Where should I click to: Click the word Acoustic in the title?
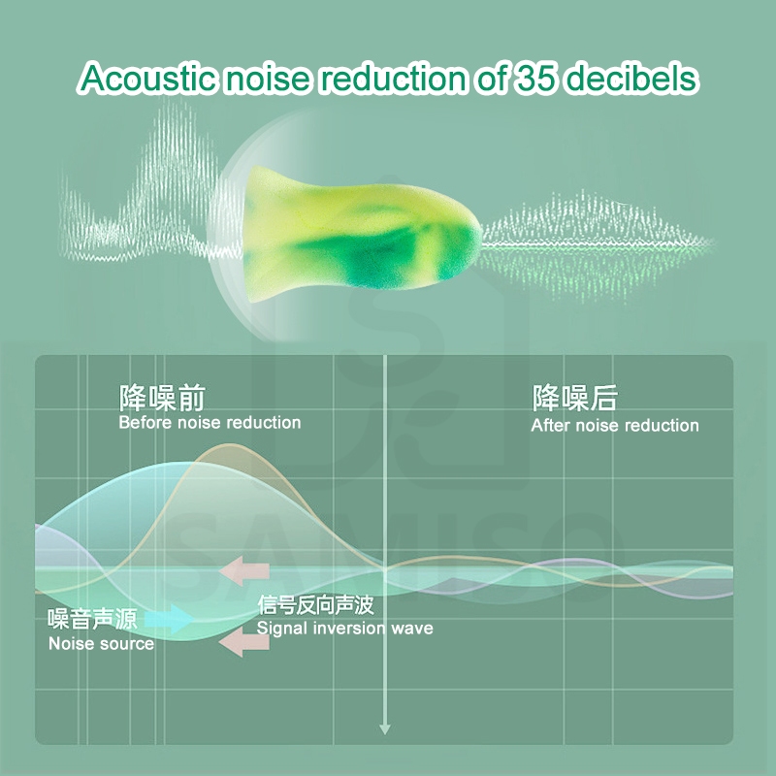pyautogui.click(x=147, y=79)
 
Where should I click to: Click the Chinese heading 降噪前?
pyautogui.click(x=162, y=398)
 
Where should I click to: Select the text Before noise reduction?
pyautogui.click(x=210, y=423)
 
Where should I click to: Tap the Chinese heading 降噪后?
pyautogui.click(x=574, y=398)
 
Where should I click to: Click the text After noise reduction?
pyautogui.click(x=615, y=426)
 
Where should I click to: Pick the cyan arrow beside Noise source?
pyautogui.click(x=171, y=619)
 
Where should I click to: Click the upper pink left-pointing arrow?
pyautogui.click(x=244, y=570)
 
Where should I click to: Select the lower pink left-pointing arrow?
pyautogui.click(x=244, y=642)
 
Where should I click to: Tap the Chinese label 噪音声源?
pyautogui.click(x=92, y=619)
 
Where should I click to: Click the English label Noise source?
pyautogui.click(x=102, y=644)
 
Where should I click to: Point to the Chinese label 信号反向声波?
pyautogui.click(x=315, y=604)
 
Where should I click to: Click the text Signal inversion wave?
pyautogui.click(x=345, y=629)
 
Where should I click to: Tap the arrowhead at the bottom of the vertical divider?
pyautogui.click(x=385, y=729)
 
